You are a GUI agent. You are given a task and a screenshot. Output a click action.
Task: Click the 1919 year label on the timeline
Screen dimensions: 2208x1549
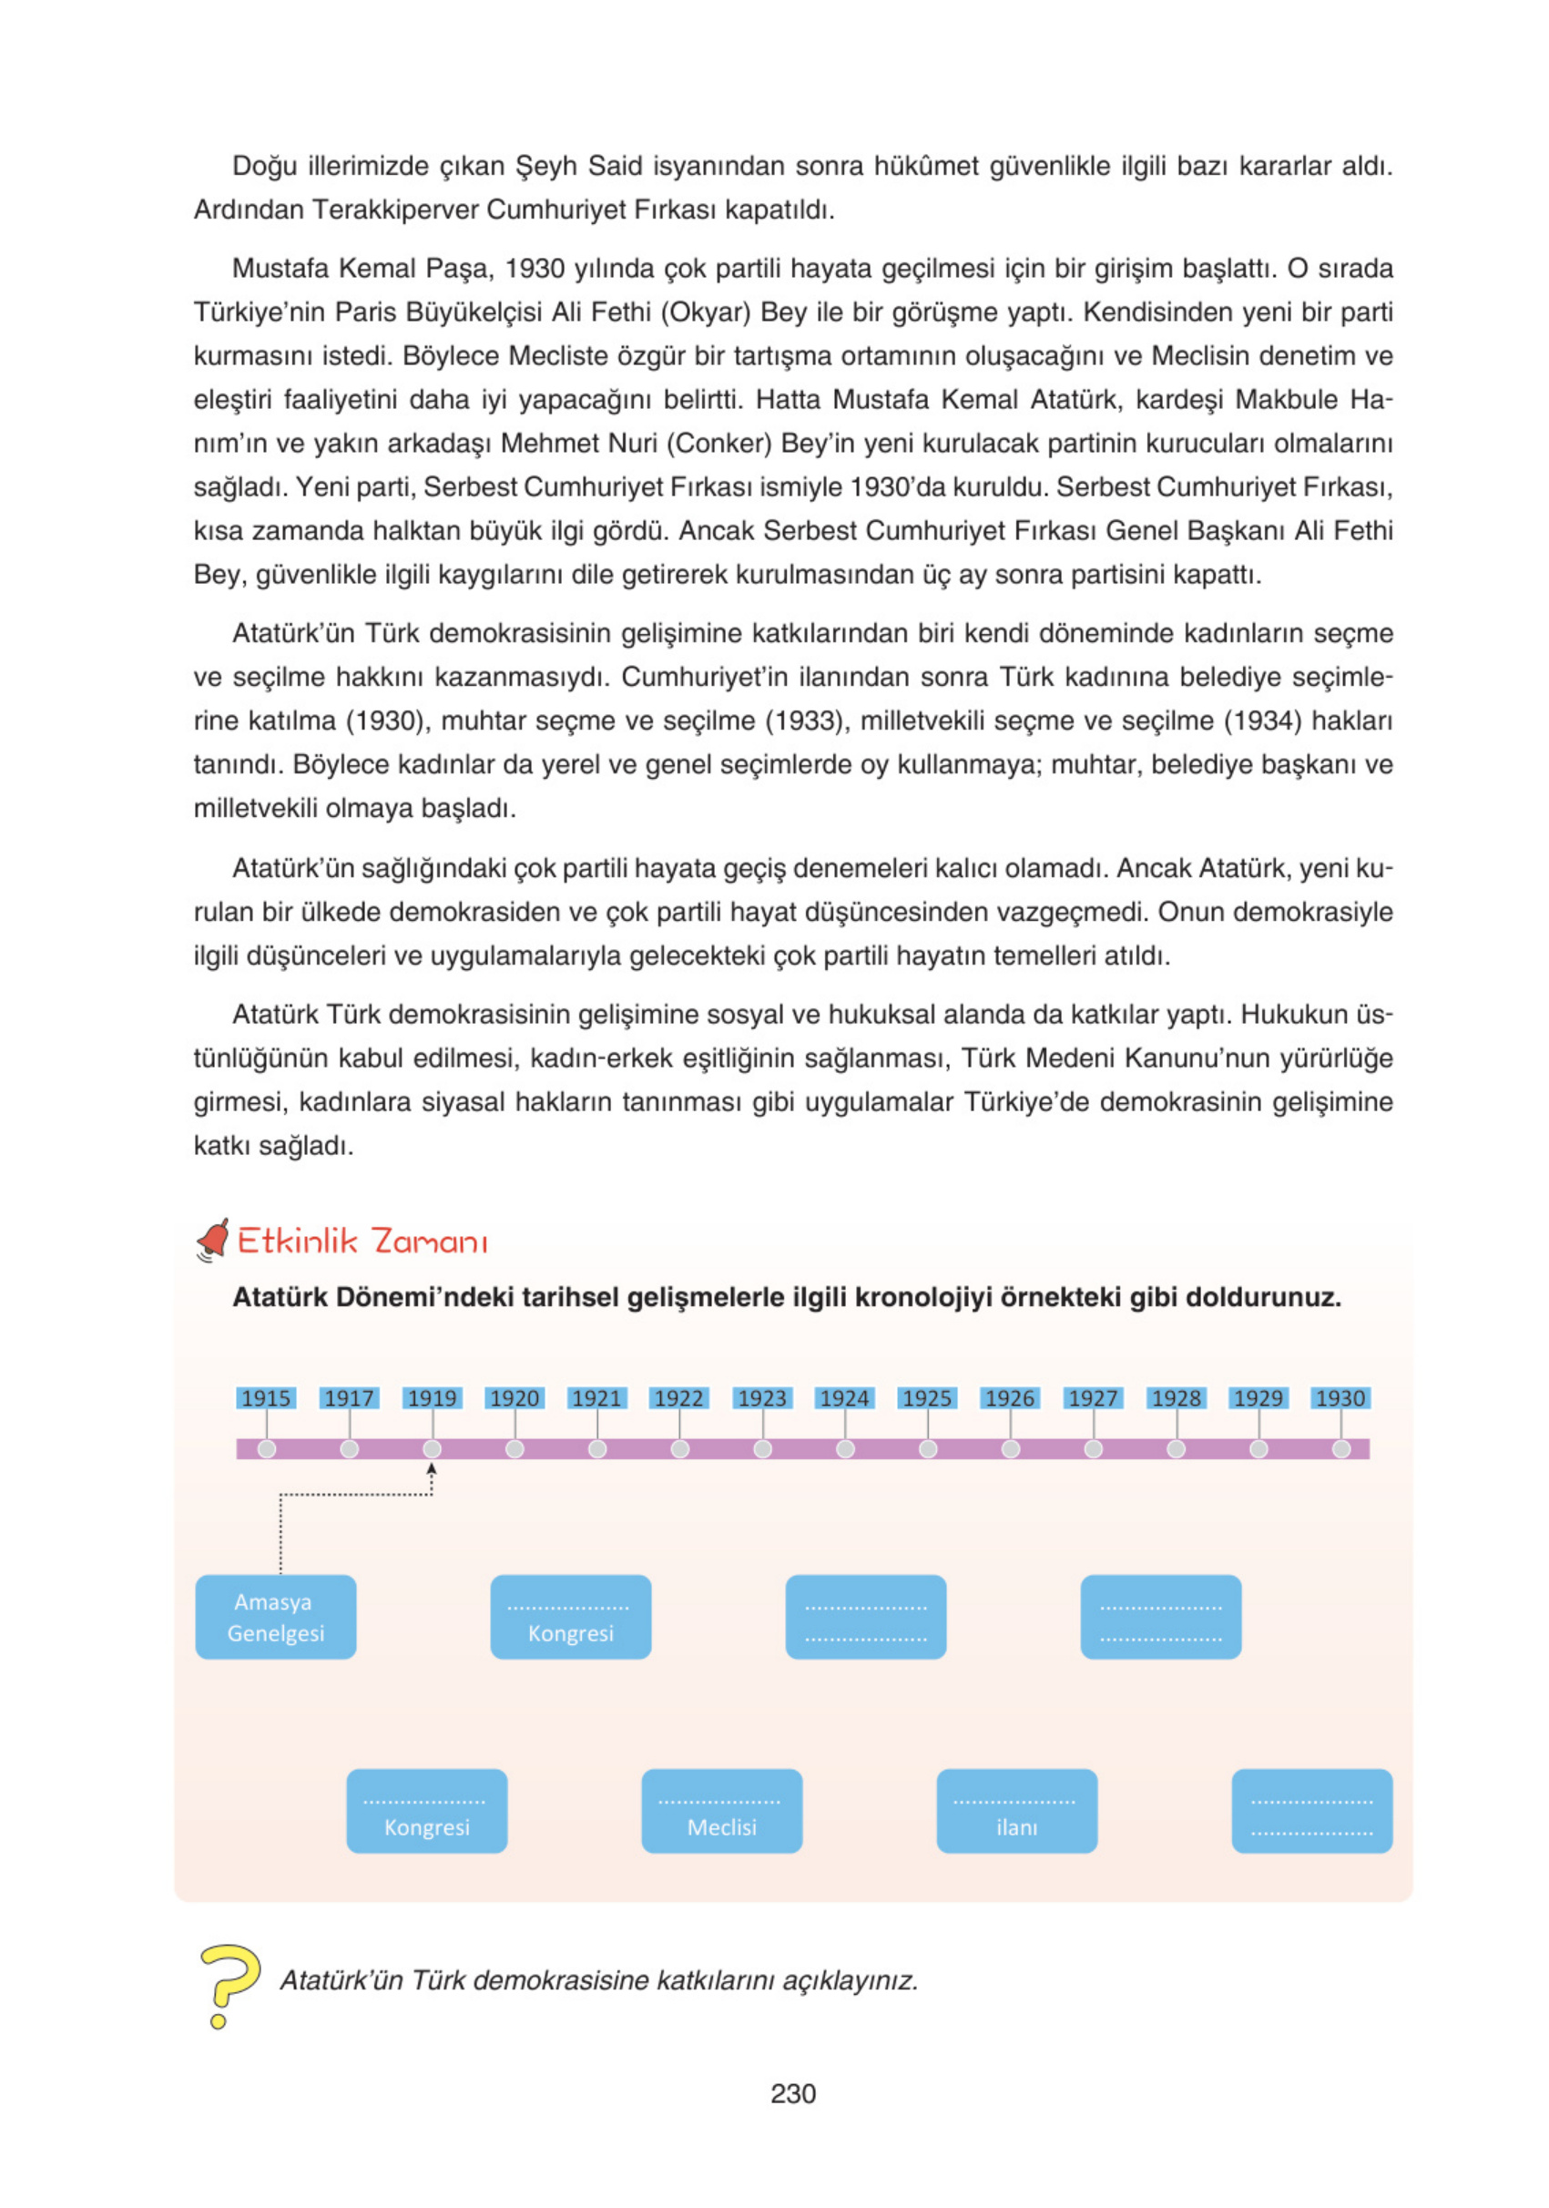click(x=432, y=1397)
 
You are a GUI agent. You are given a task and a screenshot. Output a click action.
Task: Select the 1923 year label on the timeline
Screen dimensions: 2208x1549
click(x=761, y=1397)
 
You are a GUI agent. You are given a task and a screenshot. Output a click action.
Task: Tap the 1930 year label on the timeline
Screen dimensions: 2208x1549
click(x=1340, y=1397)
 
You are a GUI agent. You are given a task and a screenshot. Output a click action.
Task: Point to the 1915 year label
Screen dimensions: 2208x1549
click(x=266, y=1397)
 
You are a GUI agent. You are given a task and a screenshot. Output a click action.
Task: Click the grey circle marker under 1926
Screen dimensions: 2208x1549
click(x=1011, y=1448)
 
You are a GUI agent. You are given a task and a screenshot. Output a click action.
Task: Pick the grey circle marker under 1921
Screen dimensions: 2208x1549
click(x=597, y=1448)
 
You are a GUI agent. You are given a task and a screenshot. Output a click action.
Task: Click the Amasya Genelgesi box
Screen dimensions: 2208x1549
click(x=276, y=1617)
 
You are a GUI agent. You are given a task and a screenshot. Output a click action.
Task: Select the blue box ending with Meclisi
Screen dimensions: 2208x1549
click(x=721, y=1811)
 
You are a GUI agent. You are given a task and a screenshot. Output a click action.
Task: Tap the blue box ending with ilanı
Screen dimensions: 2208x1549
click(x=1016, y=1811)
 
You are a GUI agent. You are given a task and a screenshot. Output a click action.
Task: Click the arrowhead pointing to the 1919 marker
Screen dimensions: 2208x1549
click(x=432, y=1469)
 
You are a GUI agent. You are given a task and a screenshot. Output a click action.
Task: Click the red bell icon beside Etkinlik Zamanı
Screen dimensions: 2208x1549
click(x=213, y=1239)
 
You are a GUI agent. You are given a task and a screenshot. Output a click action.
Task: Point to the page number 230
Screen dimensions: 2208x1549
click(x=792, y=2093)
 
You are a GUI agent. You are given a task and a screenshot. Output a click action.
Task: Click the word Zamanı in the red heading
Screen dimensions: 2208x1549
click(x=430, y=1242)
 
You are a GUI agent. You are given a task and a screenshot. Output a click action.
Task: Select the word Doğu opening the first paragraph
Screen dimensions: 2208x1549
click(x=262, y=167)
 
